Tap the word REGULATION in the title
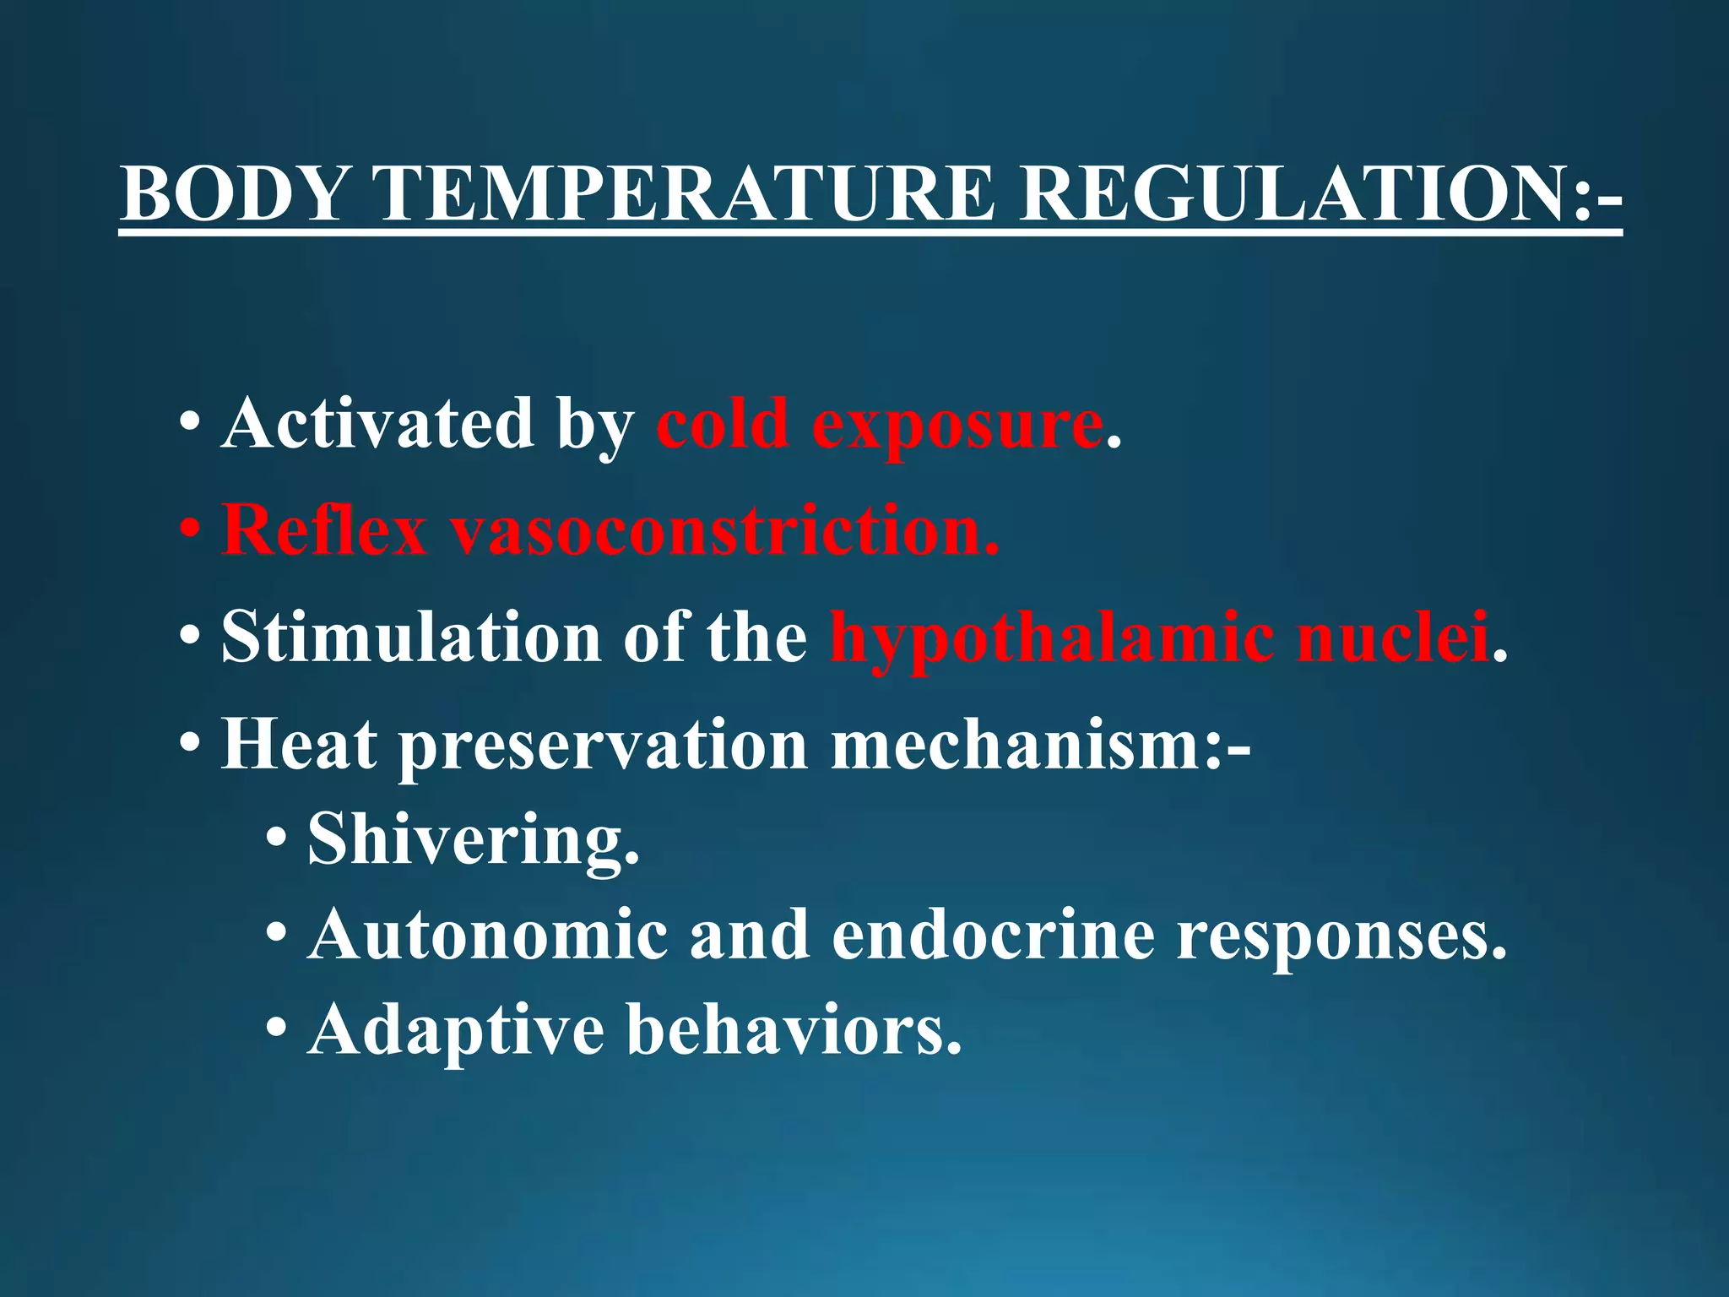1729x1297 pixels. point(1296,193)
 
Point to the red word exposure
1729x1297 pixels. point(957,425)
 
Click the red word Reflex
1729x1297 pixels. point(324,530)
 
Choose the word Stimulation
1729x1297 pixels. point(411,637)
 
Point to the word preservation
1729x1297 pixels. point(602,746)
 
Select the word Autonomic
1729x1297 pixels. point(487,935)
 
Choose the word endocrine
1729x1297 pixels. point(993,935)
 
